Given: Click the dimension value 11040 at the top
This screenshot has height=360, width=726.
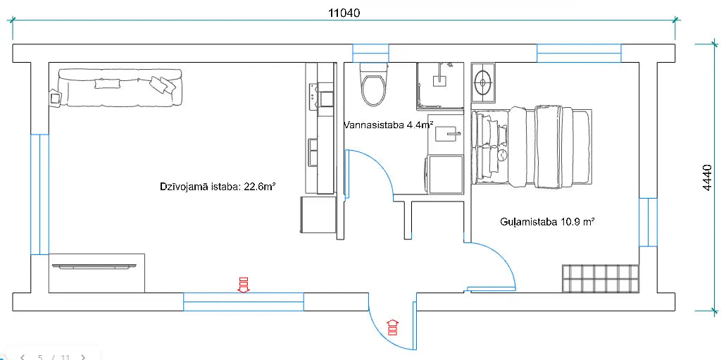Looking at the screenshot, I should point(344,13).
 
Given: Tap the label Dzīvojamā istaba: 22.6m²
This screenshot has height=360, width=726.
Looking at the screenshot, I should point(217,187).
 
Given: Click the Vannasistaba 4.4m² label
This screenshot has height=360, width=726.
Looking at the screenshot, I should point(387,125).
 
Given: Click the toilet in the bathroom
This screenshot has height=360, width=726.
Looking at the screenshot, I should point(373,85).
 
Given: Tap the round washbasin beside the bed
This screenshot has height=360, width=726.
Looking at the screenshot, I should point(484,82).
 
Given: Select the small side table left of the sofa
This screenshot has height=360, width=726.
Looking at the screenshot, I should point(54,98).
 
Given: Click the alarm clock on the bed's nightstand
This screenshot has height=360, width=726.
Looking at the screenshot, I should point(503,154).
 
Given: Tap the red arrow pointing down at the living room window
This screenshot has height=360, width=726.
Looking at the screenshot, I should point(244,284).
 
